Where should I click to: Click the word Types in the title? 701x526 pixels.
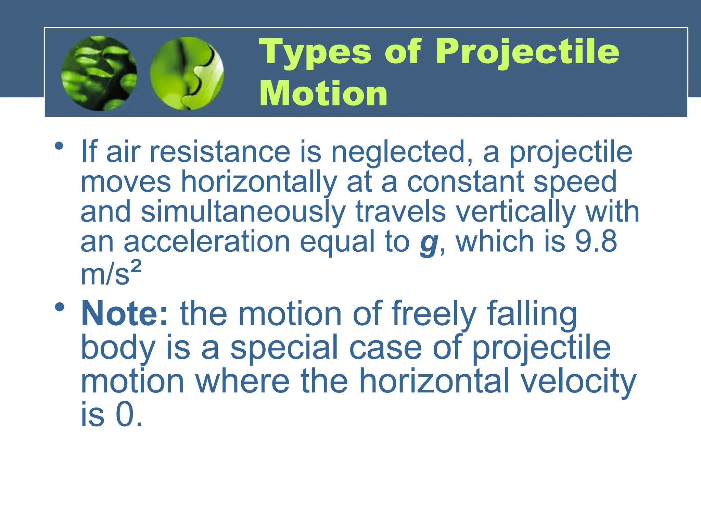click(x=315, y=52)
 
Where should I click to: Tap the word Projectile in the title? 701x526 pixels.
click(x=527, y=52)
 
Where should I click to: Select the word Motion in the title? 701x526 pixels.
click(x=323, y=94)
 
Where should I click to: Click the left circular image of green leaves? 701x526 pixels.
click(x=99, y=73)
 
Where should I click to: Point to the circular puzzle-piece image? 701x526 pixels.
click(x=187, y=73)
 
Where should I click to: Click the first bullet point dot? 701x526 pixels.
click(x=59, y=146)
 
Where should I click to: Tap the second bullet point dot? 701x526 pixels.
click(x=59, y=307)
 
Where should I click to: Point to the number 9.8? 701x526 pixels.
click(x=596, y=241)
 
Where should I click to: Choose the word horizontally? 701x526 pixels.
click(x=259, y=182)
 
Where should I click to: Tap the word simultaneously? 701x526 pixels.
click(x=243, y=212)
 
